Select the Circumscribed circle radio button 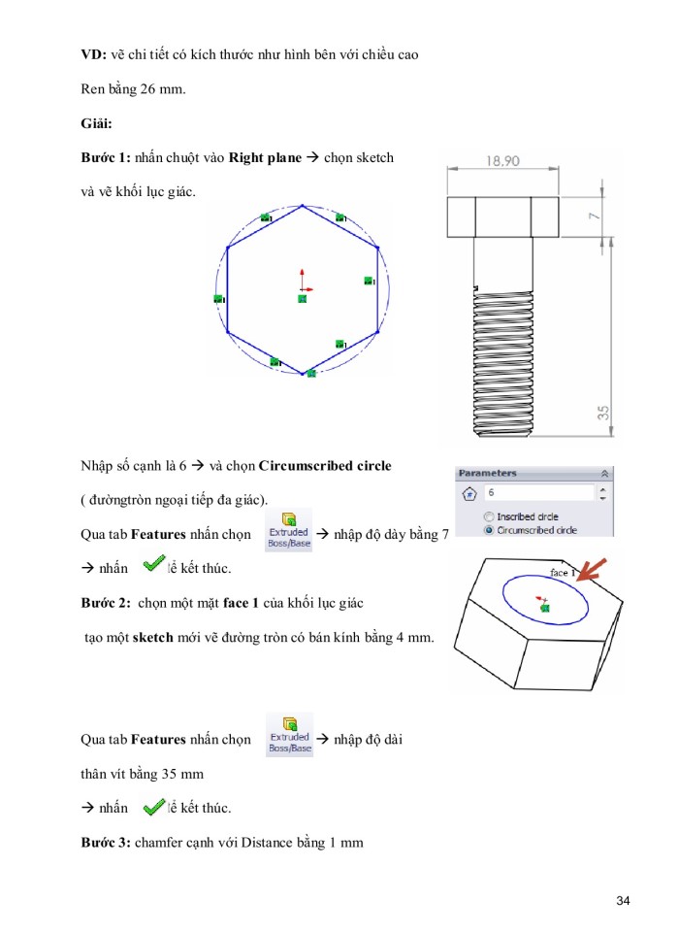coord(489,530)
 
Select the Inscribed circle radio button coord(489,516)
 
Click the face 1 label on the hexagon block coord(561,573)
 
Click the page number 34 coord(623,903)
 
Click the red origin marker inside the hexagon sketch coord(304,287)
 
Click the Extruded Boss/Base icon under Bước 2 coord(289,735)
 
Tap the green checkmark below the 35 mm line coord(153,807)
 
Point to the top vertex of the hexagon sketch coord(304,206)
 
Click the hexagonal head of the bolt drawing coord(501,217)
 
